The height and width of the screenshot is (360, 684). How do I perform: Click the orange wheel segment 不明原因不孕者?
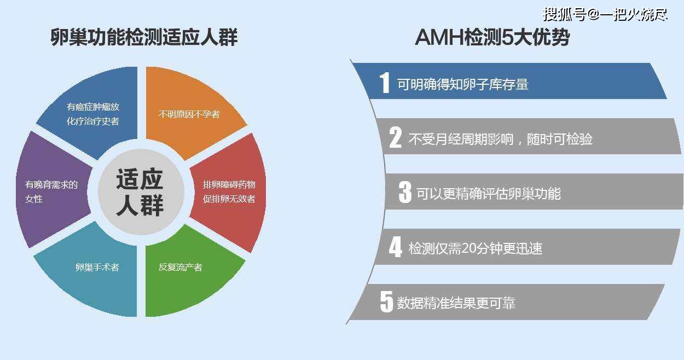click(x=189, y=113)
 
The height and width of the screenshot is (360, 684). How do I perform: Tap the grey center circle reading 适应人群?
click(x=141, y=191)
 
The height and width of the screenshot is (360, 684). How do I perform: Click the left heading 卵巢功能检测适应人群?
click(x=144, y=37)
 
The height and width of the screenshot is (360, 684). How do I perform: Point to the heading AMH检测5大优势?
click(x=492, y=38)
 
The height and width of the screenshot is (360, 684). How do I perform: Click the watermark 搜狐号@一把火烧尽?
click(x=605, y=14)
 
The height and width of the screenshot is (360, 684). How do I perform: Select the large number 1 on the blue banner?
click(x=385, y=83)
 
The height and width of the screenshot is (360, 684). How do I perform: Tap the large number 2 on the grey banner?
click(x=396, y=137)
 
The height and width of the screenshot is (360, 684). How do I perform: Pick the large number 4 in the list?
click(x=396, y=247)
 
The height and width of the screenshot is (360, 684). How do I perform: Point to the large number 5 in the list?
click(x=386, y=301)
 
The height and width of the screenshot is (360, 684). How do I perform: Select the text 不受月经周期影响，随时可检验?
click(x=501, y=139)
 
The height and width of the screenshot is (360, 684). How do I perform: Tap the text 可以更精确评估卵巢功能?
click(x=489, y=194)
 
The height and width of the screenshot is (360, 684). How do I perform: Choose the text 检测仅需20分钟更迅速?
click(x=476, y=248)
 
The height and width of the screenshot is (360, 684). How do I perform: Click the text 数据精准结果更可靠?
click(x=456, y=303)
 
